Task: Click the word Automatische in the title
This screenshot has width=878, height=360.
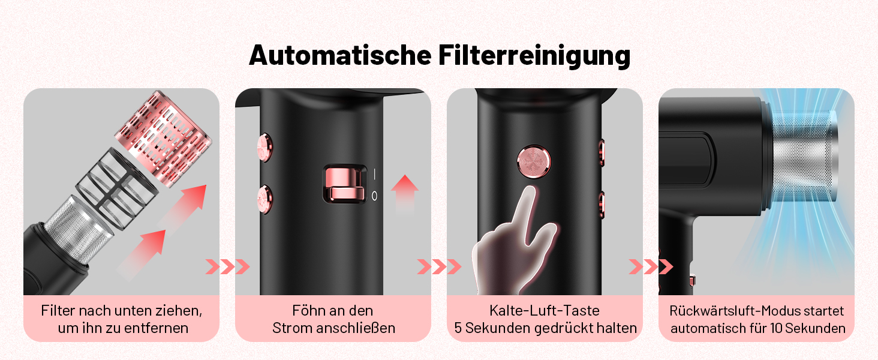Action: [x=340, y=55]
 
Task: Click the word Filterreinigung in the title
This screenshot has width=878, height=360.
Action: [x=534, y=56]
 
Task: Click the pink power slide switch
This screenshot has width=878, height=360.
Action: [x=344, y=184]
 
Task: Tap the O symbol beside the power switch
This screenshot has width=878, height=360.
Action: [x=374, y=196]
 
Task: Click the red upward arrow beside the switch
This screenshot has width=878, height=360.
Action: [x=405, y=194]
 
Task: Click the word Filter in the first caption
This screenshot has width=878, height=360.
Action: [x=58, y=311]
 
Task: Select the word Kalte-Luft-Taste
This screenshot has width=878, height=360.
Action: [x=545, y=311]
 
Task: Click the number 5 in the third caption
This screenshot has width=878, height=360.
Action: [x=458, y=328]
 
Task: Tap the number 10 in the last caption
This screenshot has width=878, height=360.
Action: [x=776, y=328]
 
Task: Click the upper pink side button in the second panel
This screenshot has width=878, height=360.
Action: [x=264, y=148]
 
